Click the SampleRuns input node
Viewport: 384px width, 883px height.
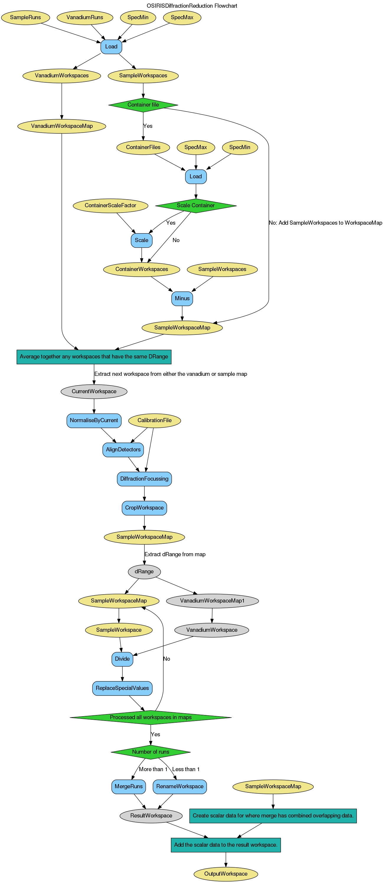[25, 17]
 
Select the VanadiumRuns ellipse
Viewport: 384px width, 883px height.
[85, 17]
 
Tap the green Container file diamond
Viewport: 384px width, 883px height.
[143, 105]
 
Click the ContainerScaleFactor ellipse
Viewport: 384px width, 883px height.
[110, 206]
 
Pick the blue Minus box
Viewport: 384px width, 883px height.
[182, 298]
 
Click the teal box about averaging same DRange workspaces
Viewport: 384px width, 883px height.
[94, 357]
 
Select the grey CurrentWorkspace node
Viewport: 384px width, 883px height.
[94, 391]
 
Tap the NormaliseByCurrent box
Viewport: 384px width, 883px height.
[94, 421]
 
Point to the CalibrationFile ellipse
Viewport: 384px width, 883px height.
[154, 421]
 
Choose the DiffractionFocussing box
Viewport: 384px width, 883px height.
[144, 479]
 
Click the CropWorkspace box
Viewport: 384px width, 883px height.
[144, 508]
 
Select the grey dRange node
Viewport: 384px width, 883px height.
[144, 572]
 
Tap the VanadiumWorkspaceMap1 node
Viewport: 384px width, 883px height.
[212, 601]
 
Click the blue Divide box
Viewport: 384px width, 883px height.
[122, 659]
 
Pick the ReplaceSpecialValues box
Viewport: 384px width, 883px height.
[122, 688]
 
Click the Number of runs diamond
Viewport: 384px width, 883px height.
[151, 752]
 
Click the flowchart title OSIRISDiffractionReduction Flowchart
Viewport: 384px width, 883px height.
[192, 6]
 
